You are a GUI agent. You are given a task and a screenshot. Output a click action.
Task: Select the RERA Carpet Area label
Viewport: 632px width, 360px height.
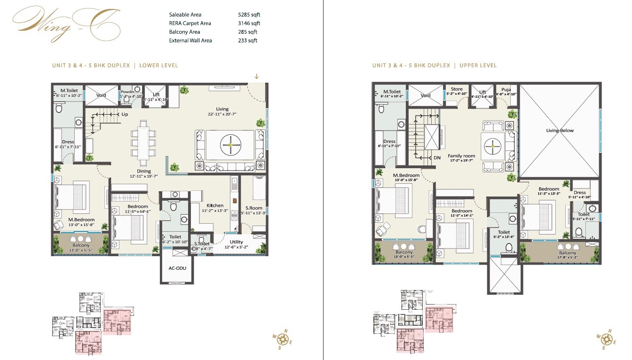[x=190, y=23]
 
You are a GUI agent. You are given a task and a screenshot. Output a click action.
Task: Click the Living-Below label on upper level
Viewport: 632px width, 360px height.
[x=560, y=130]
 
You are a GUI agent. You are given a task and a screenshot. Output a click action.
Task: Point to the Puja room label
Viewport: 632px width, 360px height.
[x=506, y=89]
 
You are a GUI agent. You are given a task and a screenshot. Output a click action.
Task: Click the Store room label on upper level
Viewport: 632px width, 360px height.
[x=457, y=89]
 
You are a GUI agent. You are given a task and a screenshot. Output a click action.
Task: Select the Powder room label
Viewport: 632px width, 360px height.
[x=127, y=92]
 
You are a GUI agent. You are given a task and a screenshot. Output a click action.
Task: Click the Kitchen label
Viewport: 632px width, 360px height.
[x=215, y=205]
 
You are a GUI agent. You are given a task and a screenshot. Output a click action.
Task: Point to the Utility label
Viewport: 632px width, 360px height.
[x=237, y=242]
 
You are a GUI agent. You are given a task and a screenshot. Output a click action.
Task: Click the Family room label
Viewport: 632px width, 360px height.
[x=461, y=156]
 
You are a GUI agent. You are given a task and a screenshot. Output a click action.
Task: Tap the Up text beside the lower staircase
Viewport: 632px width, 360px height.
[x=125, y=114]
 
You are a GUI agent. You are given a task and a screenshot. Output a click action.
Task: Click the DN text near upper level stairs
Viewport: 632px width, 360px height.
[x=437, y=158]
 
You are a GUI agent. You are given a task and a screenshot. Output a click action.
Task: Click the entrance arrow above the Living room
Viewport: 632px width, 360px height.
[x=257, y=76]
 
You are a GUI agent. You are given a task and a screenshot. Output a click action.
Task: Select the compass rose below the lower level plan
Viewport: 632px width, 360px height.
[x=283, y=338]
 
